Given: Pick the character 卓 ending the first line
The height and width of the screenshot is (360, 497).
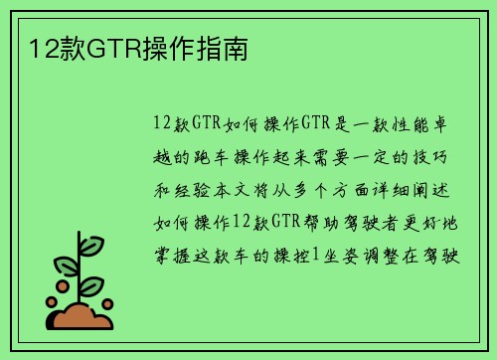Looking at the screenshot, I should pyautogui.click(x=453, y=124).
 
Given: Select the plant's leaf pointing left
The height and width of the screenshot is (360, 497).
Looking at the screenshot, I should pyautogui.click(x=66, y=267).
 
